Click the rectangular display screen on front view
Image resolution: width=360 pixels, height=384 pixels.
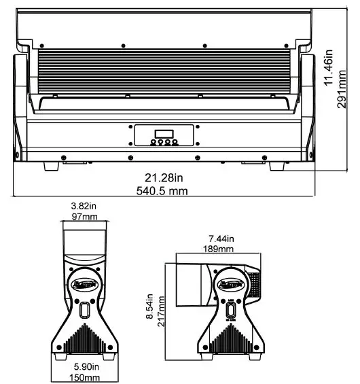coord(164,132)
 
